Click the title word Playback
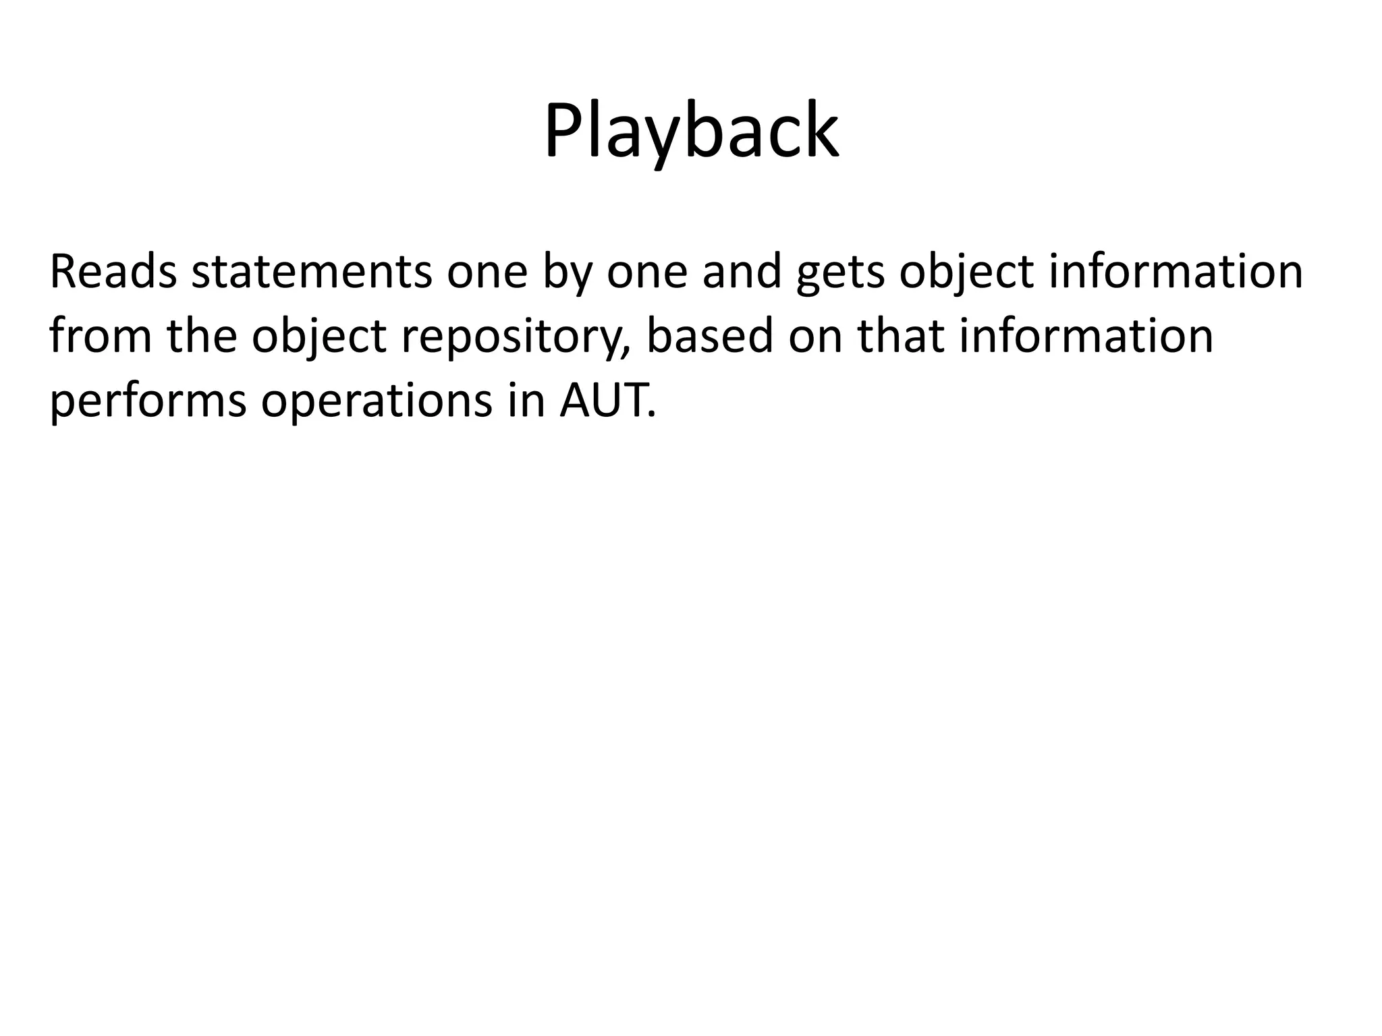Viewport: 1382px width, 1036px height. point(691,132)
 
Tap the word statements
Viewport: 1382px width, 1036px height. point(311,272)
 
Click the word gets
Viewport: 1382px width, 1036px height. point(840,273)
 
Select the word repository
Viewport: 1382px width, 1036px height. point(509,337)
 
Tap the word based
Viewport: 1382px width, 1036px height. point(709,336)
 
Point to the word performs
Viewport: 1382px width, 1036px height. point(148,401)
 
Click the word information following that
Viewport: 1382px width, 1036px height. point(1086,336)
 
